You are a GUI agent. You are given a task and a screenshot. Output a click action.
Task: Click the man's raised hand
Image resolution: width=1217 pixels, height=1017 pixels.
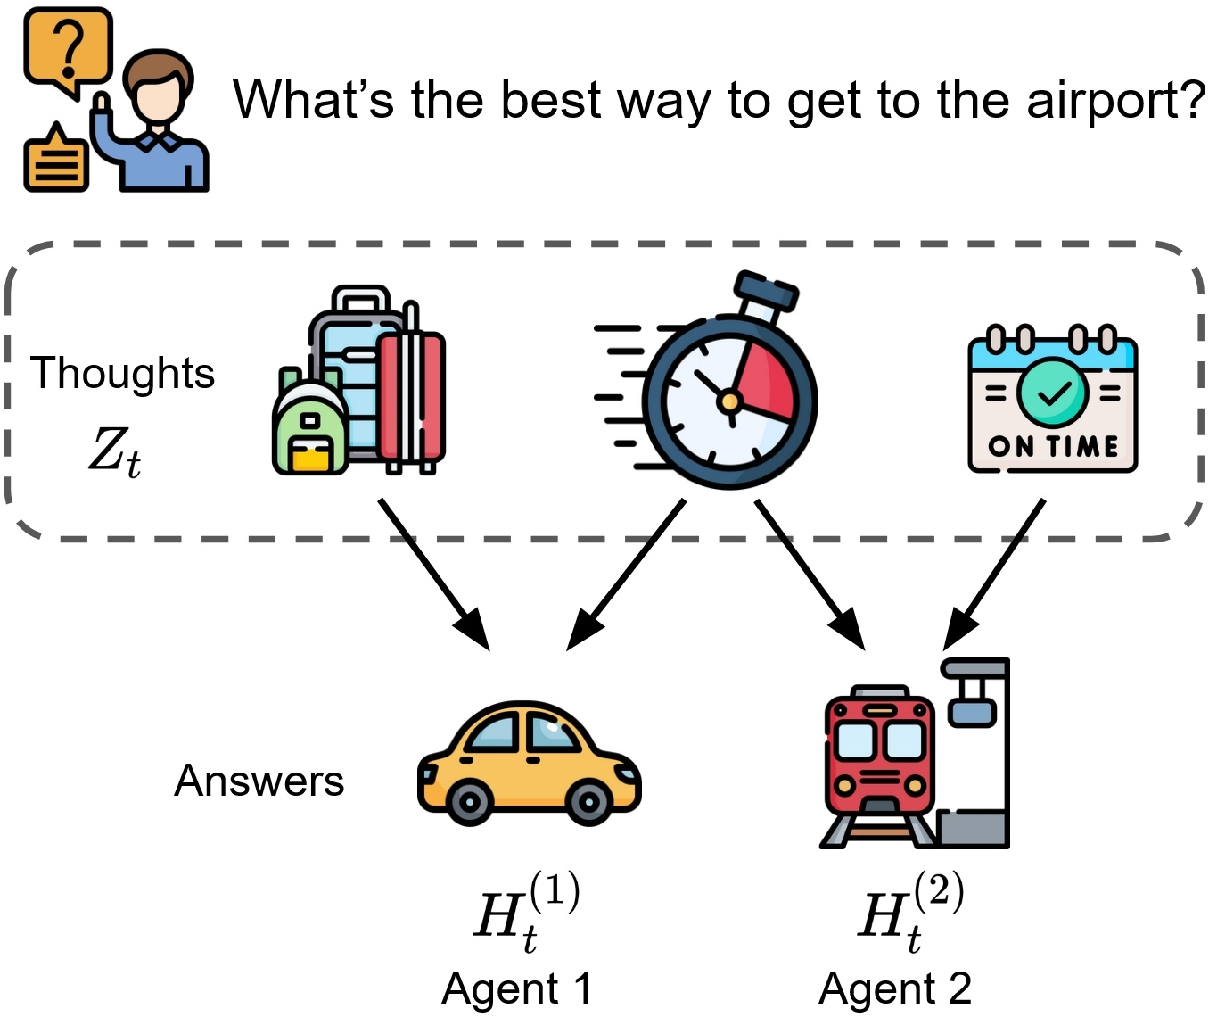click(102, 107)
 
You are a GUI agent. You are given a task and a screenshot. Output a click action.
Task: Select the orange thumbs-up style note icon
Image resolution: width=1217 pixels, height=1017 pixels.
click(56, 156)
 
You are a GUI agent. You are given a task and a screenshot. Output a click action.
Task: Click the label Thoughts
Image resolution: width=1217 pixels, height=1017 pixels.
click(122, 373)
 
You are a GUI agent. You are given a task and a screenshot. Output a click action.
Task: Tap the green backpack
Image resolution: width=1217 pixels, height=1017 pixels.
click(310, 421)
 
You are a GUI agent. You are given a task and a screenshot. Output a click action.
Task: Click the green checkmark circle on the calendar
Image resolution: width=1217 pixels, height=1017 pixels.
click(1053, 393)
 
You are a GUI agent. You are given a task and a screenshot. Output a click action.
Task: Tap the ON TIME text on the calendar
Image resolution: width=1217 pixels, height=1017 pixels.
click(1053, 447)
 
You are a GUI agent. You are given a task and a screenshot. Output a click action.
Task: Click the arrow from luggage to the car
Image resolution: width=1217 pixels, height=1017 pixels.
click(434, 574)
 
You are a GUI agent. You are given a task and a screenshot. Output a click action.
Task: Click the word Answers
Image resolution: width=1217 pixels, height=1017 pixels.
click(259, 781)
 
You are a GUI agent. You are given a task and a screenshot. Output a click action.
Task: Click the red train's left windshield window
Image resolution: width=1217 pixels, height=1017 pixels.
click(855, 740)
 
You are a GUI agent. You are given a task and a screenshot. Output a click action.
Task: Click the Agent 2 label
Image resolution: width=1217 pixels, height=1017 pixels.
click(895, 988)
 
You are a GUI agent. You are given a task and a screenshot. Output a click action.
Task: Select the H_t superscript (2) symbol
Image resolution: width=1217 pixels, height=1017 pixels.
click(910, 911)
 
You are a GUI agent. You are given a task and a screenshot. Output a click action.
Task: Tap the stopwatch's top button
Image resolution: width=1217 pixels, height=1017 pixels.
click(766, 290)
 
